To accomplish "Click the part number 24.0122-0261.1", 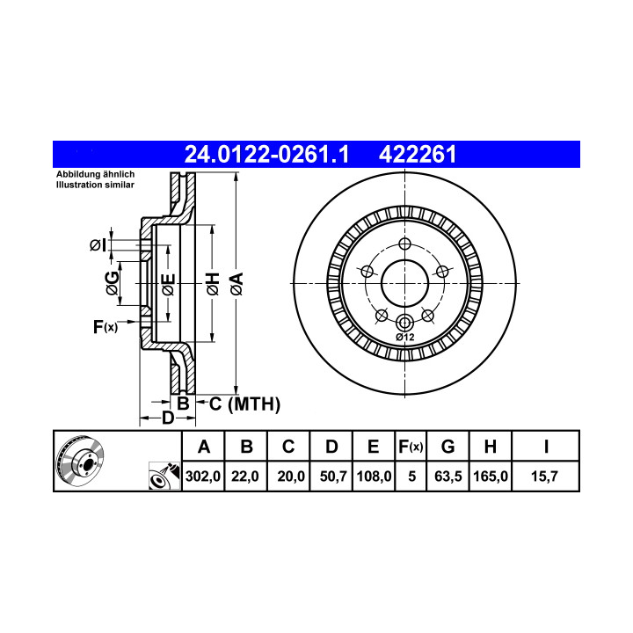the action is coord(266,154).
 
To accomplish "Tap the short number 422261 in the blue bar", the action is coord(418,154).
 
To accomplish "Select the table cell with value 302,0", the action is coord(203,477).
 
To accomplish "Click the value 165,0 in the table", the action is coord(491,477).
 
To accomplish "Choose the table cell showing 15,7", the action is coord(544,477).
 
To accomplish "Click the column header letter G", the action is coord(447,447).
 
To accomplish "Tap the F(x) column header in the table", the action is coord(411,447).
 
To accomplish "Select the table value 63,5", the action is coord(448,477).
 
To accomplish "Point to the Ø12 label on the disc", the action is coord(405,337).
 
